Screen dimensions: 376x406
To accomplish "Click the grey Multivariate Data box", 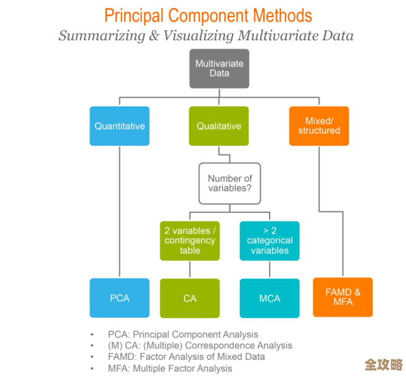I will [x=219, y=68].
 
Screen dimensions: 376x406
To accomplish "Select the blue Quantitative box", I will [x=120, y=126].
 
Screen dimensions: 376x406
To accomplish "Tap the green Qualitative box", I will [x=219, y=126].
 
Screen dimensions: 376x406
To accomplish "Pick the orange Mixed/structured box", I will [x=319, y=126].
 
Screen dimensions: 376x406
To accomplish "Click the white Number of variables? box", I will [x=230, y=183].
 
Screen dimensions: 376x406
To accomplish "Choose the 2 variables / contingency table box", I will [x=190, y=241].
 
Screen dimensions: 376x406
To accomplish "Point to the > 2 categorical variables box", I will [x=270, y=241].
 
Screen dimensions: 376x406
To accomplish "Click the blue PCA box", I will [x=120, y=298].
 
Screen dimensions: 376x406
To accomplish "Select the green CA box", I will [x=190, y=298].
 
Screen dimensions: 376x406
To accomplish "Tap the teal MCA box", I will [x=270, y=298].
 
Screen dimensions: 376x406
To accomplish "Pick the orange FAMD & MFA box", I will [x=343, y=297].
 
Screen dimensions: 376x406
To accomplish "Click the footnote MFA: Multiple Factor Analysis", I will [x=170, y=368].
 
